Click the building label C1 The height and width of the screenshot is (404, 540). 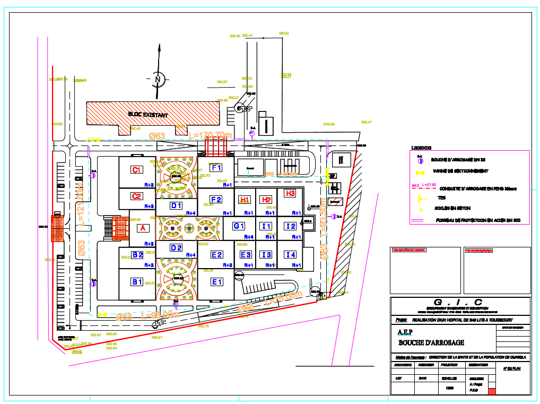click(136, 170)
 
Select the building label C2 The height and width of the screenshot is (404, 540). click(136, 196)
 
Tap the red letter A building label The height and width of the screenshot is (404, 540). click(142, 228)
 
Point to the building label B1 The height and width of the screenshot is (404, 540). click(137, 282)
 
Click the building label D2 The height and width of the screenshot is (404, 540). click(176, 248)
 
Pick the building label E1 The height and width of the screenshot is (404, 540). click(217, 282)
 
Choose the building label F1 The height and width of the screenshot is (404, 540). click(216, 168)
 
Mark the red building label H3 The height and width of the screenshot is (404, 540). click(290, 194)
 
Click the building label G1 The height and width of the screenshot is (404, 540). click(239, 226)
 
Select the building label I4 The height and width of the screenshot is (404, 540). click(290, 255)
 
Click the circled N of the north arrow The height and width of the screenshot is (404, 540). click(158, 79)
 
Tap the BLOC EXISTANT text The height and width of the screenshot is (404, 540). click(148, 115)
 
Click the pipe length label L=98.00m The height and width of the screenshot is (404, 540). click(161, 315)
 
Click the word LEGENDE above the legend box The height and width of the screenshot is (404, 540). click(421, 148)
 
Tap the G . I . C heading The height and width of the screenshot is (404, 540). click(459, 303)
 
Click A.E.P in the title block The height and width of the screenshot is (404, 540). click(405, 332)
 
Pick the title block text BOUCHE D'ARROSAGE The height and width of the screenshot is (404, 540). click(431, 343)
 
